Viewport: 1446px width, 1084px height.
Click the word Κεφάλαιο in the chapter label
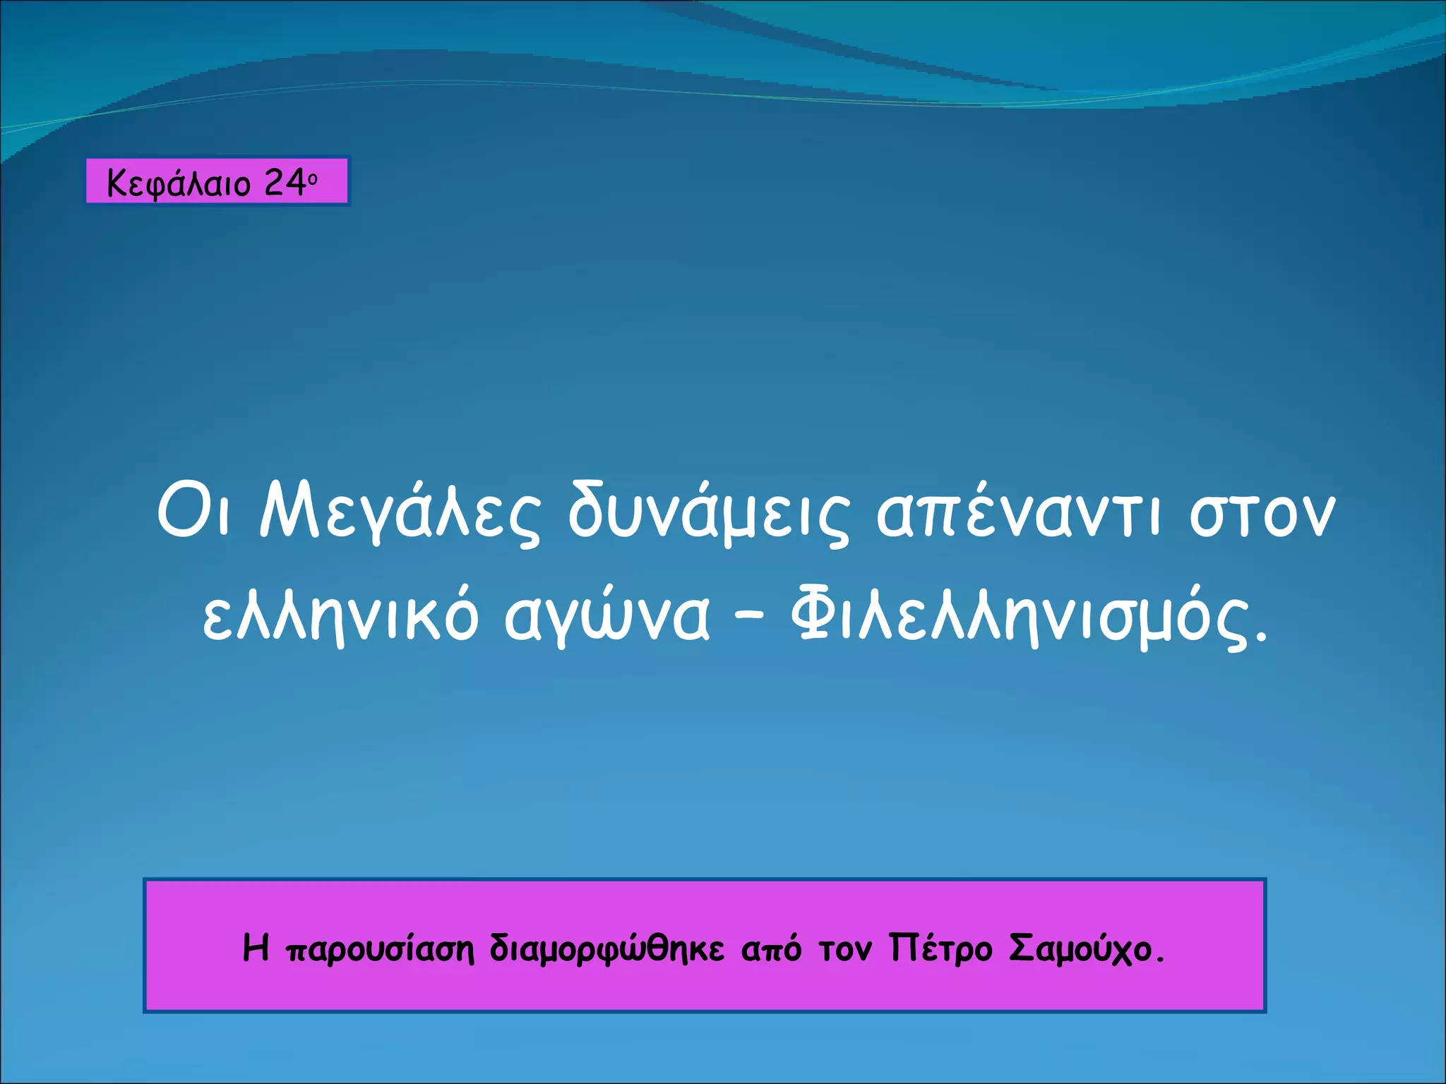(179, 184)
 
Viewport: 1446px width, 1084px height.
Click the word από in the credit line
(771, 950)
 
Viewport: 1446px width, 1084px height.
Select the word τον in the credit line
(846, 950)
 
